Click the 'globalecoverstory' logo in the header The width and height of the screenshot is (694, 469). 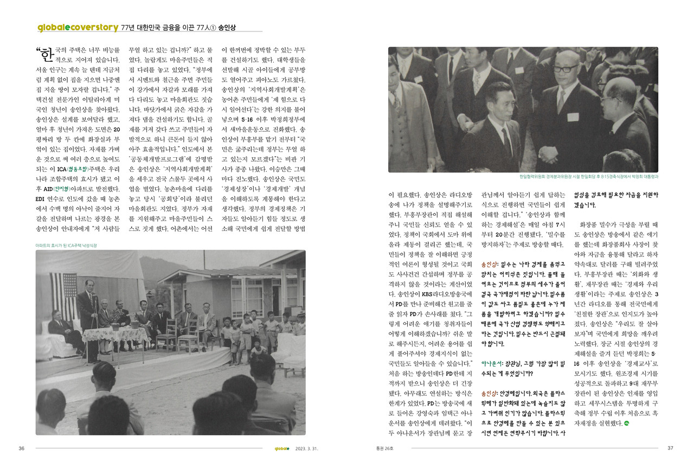coord(78,27)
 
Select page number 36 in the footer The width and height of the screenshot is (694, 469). coord(22,448)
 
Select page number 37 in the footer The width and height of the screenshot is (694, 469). coord(670,448)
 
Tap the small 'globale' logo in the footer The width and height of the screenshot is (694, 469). coord(281,448)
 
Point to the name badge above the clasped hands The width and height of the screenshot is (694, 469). coord(573,117)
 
